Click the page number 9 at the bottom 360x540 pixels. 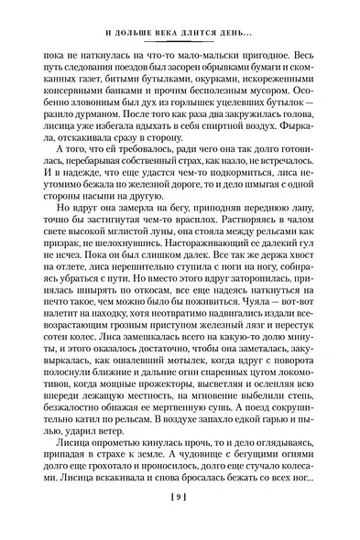[x=180, y=523]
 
